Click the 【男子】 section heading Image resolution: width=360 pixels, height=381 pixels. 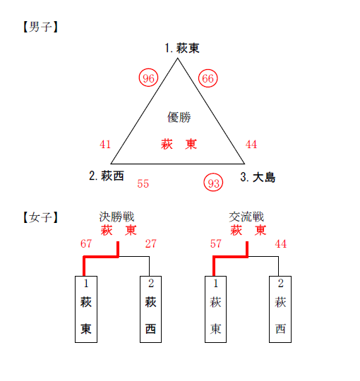(41, 27)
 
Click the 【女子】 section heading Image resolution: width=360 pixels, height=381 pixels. (41, 217)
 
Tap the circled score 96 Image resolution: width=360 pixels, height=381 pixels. (148, 78)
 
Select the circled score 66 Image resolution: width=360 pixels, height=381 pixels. (208, 78)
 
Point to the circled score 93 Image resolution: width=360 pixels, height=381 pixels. (213, 183)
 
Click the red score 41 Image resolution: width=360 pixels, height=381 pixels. (105, 145)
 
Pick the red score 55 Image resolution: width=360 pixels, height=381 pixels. (143, 183)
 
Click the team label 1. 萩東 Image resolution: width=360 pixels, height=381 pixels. (182, 48)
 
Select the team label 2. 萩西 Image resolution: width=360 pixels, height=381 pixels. (107, 176)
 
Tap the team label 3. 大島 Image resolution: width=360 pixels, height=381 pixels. (258, 177)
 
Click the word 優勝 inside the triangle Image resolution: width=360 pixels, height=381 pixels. (179, 117)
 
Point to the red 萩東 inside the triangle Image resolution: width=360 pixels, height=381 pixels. (179, 144)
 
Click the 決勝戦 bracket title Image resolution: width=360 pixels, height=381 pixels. (116, 217)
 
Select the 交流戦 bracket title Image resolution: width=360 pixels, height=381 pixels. (246, 217)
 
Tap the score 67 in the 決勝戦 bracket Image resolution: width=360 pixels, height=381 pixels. (86, 243)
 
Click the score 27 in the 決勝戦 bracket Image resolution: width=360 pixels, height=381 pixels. (151, 243)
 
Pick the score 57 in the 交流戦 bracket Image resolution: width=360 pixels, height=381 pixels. (216, 243)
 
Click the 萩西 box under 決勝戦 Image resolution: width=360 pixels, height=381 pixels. (151, 309)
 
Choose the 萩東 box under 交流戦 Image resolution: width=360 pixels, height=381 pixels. (215, 309)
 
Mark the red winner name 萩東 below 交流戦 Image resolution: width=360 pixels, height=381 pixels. (248, 230)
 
